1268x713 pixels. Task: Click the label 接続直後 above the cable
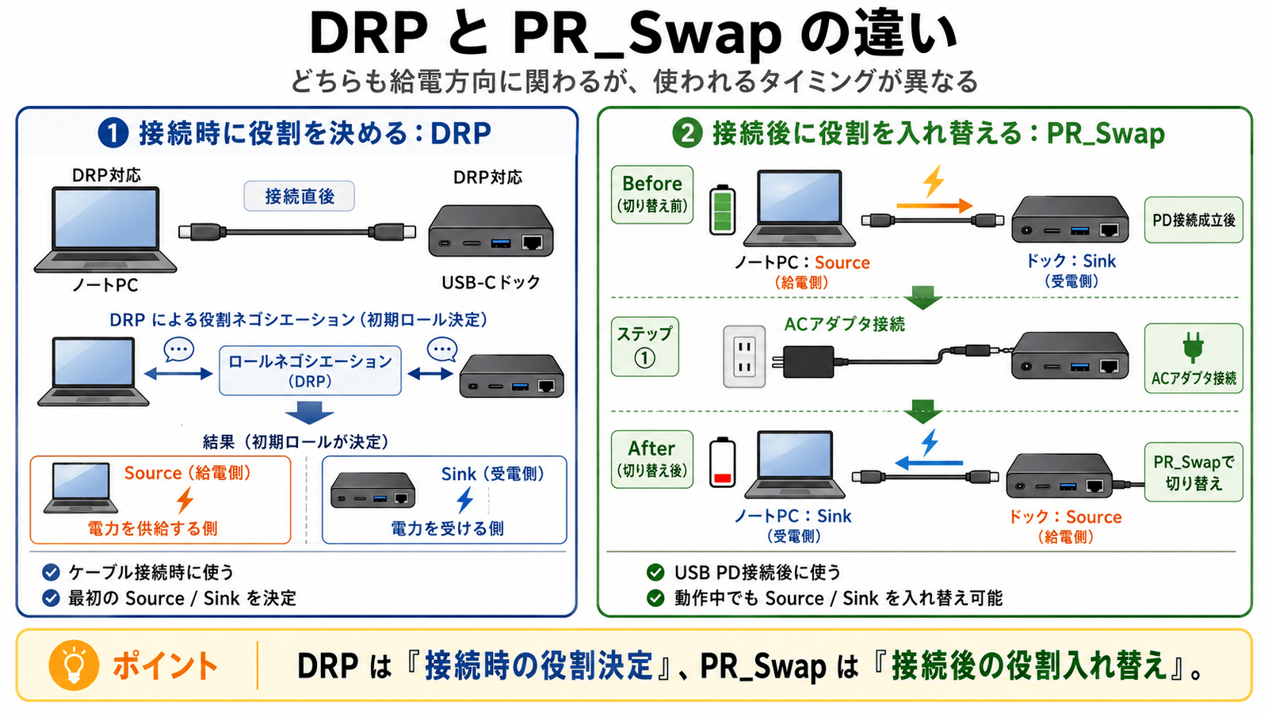click(300, 196)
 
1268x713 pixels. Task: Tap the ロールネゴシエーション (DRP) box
click(310, 371)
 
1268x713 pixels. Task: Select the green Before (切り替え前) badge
click(652, 194)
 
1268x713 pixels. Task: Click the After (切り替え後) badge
click(652, 459)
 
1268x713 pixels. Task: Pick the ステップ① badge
click(645, 346)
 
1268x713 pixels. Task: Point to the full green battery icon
click(723, 210)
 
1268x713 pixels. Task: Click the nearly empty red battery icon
click(723, 463)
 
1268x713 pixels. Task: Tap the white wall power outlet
click(744, 356)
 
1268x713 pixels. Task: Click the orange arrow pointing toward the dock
click(934, 206)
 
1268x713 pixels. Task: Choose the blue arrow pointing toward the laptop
click(929, 463)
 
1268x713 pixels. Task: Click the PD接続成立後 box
click(1194, 219)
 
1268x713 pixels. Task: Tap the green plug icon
click(1193, 347)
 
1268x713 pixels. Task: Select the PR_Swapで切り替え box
click(1194, 472)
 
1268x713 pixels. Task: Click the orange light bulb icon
click(74, 665)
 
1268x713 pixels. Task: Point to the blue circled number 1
click(113, 134)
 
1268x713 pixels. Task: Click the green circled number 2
click(687, 134)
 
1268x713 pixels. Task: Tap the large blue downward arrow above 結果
click(309, 413)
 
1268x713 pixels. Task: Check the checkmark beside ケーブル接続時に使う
click(51, 572)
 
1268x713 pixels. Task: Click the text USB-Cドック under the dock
click(491, 282)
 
